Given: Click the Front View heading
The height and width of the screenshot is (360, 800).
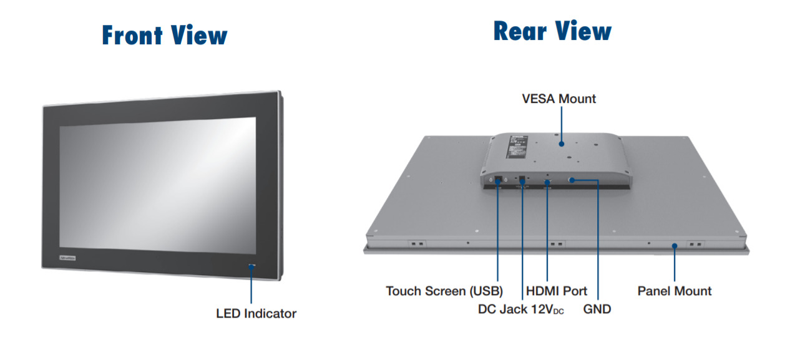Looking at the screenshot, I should pos(165,36).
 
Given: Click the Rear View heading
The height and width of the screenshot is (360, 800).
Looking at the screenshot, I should pos(552,31).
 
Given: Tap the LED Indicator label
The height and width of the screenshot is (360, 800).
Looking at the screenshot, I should pos(256,313).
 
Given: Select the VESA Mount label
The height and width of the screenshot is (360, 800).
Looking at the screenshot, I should pos(559,99).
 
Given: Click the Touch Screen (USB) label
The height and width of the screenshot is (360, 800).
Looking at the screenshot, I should pos(444,291).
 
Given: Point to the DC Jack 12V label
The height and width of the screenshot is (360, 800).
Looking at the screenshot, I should pos(520,309).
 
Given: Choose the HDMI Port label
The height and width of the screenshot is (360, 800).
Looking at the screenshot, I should pos(557,291).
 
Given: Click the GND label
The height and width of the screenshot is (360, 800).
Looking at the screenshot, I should pos(597,309).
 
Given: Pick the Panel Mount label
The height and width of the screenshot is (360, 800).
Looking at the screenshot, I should pos(675,291).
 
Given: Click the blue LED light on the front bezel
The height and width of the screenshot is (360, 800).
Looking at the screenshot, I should pos(251,266).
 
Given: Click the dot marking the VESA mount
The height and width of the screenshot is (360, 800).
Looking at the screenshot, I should pos(562,144).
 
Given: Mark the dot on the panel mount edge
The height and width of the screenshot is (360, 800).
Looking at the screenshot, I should pos(675,246).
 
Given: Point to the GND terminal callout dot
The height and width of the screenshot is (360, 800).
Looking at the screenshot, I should pos(571,180).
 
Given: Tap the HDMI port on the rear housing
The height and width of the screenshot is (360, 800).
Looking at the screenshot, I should pos(547,182).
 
